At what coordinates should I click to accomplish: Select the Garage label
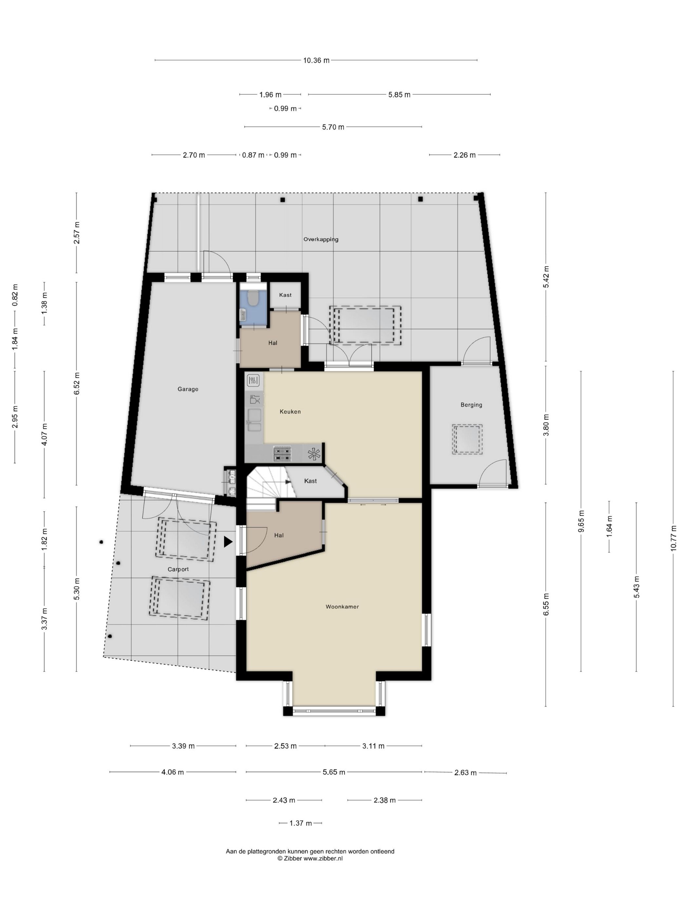188,389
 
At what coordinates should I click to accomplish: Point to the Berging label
471,405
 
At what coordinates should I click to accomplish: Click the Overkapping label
320,239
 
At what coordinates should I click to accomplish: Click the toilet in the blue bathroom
252,297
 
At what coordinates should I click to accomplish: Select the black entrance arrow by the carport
228,542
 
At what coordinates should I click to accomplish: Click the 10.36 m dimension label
316,61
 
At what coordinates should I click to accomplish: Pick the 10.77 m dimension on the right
673,538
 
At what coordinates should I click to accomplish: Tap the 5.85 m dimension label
399,95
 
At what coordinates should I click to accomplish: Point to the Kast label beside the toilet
285,295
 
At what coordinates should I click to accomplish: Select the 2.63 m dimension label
465,773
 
